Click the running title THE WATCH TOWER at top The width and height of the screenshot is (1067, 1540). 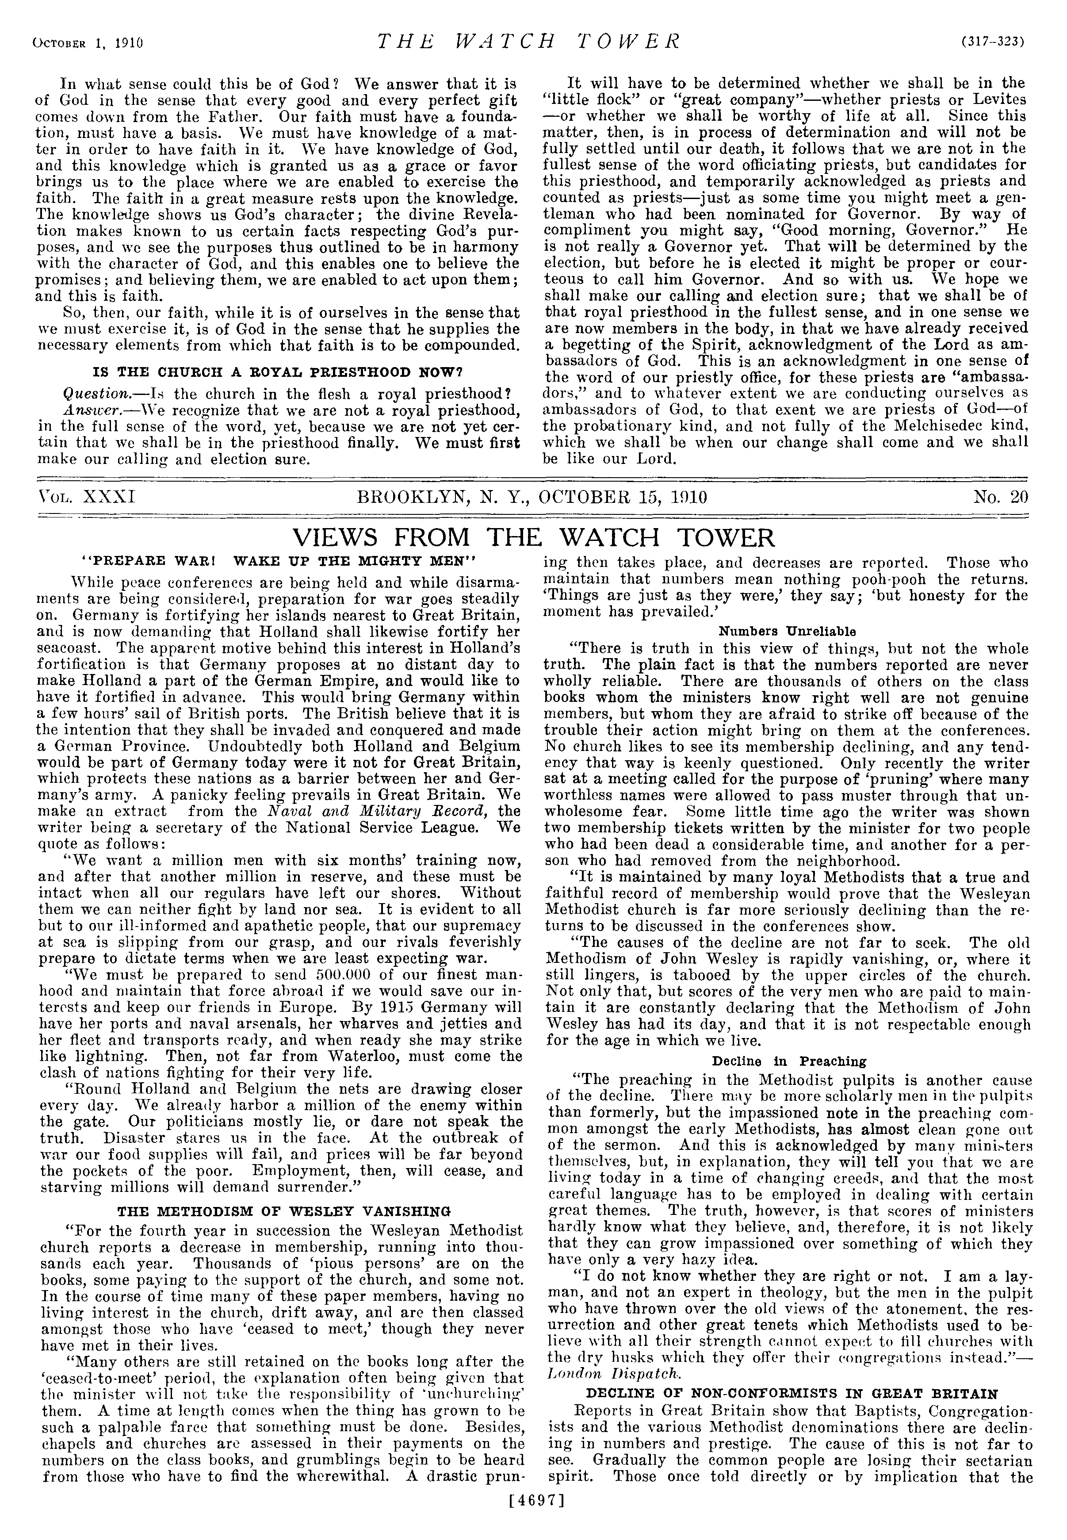click(528, 42)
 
